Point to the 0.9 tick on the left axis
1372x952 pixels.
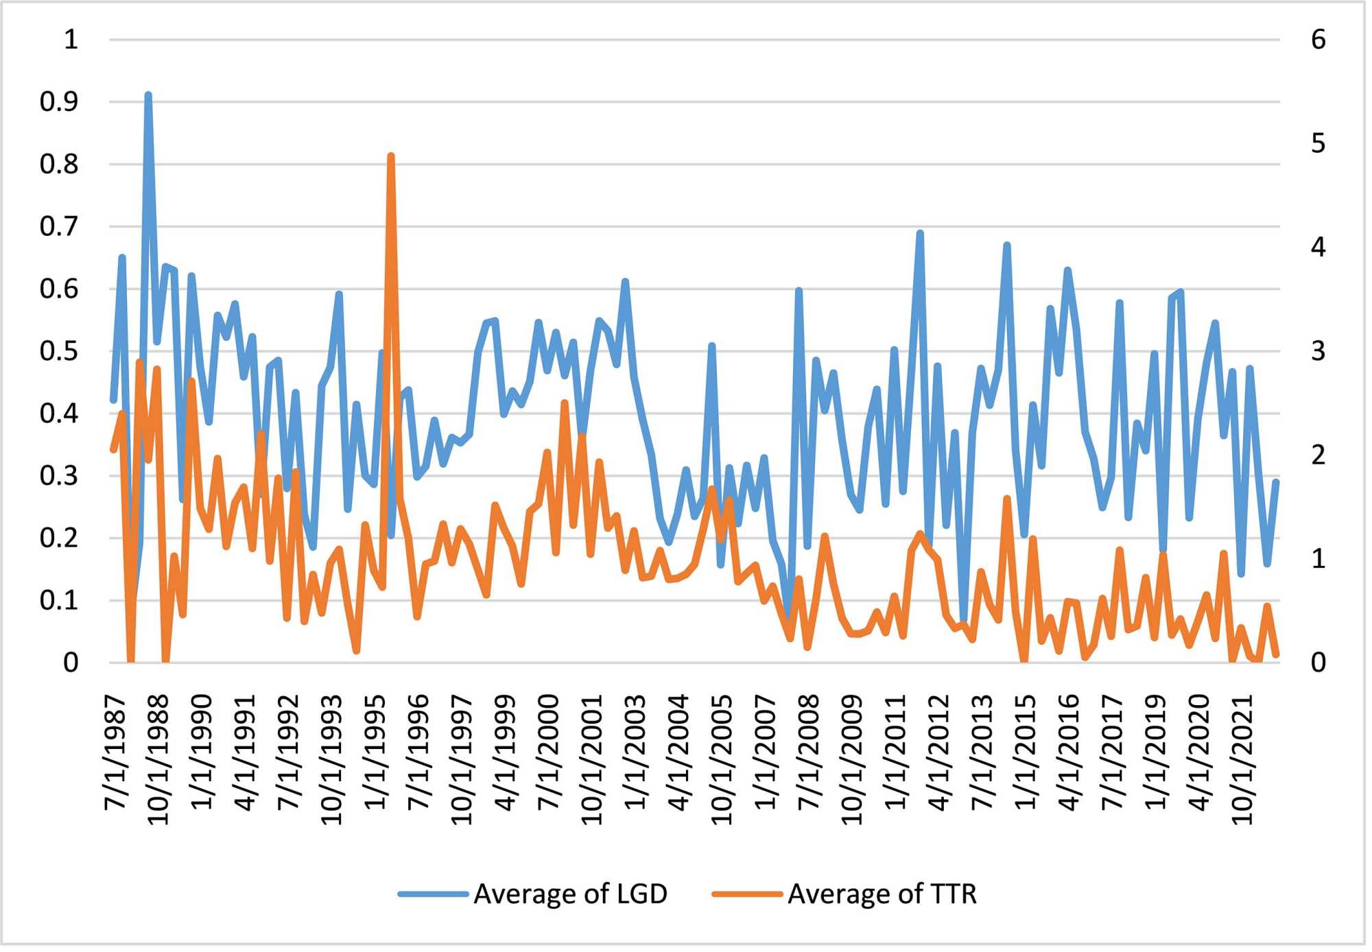(59, 102)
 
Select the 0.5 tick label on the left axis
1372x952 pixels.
(59, 353)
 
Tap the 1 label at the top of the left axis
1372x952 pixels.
(71, 40)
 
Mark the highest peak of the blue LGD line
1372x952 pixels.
(148, 95)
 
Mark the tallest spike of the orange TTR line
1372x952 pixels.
(392, 156)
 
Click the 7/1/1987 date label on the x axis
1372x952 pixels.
(116, 754)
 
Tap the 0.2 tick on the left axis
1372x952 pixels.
(59, 540)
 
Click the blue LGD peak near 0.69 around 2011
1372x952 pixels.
(923, 234)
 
